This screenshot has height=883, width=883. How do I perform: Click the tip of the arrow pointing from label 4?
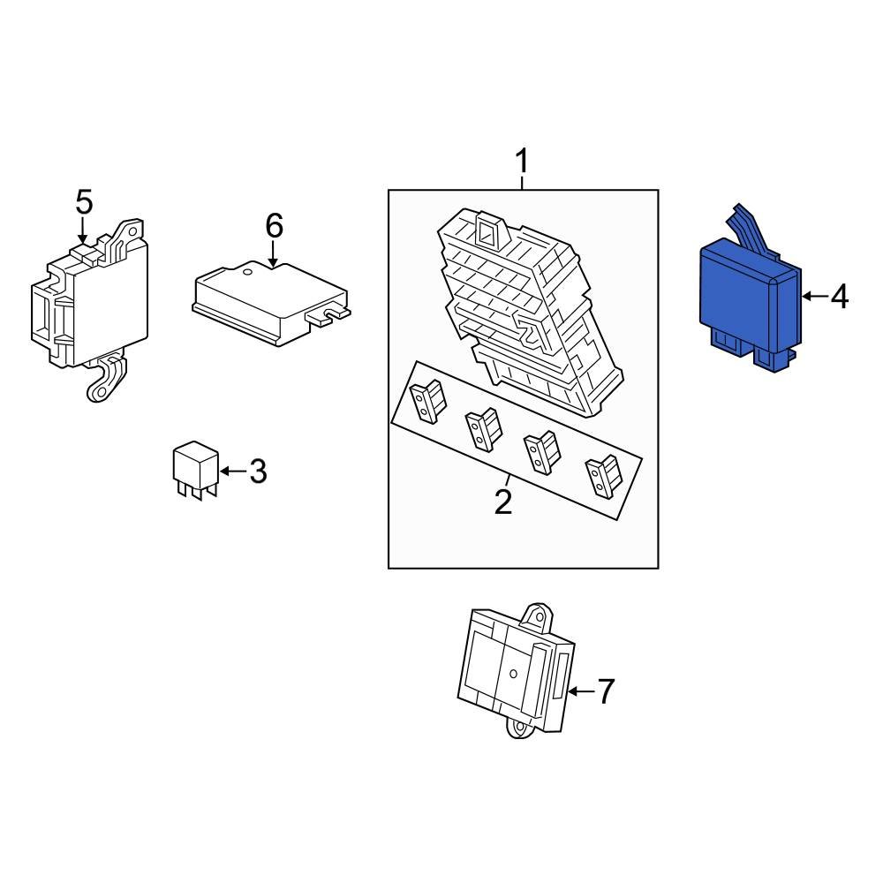(802, 296)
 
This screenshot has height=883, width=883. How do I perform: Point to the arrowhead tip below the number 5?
(83, 244)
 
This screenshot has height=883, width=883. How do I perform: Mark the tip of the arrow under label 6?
(273, 267)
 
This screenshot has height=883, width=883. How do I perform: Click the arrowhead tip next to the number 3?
(219, 471)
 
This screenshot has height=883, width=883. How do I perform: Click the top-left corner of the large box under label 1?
(389, 190)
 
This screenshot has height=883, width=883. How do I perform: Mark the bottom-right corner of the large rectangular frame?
(659, 568)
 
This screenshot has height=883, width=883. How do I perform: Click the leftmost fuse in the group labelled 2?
(428, 400)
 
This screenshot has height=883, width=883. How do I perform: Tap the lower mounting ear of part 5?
(106, 379)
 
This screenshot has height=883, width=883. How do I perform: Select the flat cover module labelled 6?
(270, 303)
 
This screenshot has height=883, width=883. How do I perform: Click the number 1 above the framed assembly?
(523, 161)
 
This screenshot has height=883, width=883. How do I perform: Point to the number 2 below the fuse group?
(503, 502)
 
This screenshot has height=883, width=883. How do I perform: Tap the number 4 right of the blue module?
(839, 296)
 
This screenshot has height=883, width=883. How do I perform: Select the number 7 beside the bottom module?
(605, 691)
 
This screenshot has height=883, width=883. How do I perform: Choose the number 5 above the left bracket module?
(84, 202)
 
